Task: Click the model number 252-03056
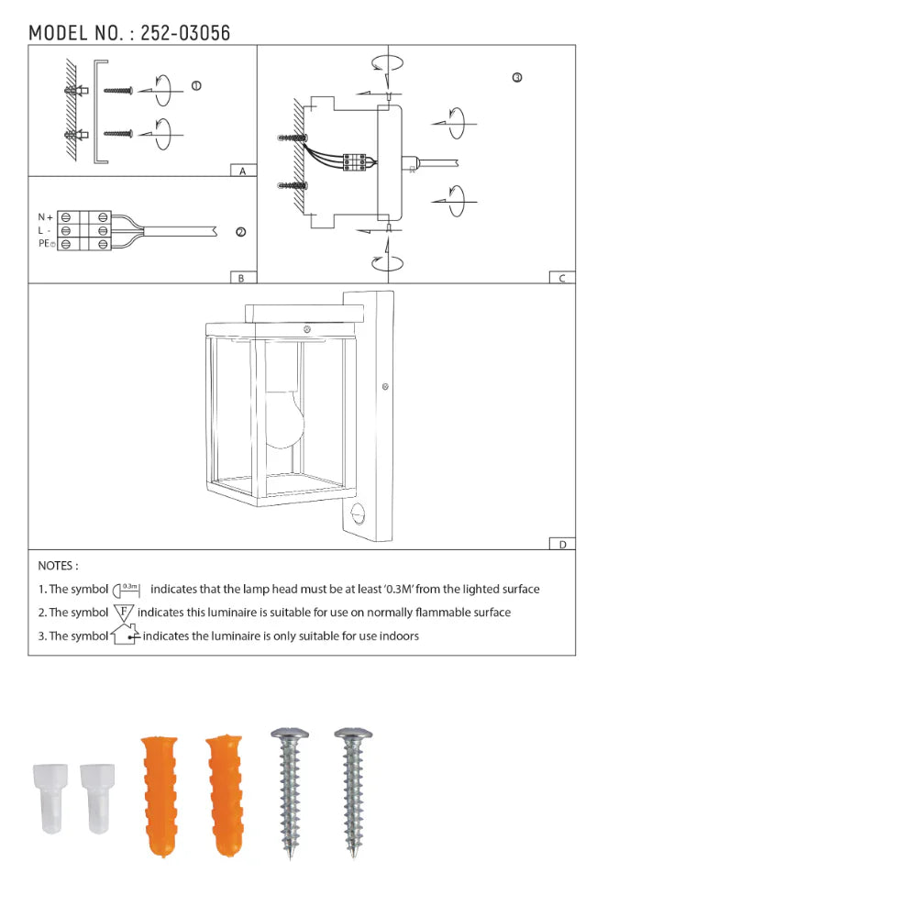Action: [185, 33]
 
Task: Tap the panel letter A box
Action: [242, 171]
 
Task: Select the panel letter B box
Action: [241, 278]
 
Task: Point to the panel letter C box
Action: [562, 278]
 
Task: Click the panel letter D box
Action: [562, 544]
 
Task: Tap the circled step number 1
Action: [196, 86]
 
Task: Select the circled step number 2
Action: [241, 232]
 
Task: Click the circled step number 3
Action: [517, 78]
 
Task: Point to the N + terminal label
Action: [45, 217]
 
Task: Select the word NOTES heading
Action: [58, 567]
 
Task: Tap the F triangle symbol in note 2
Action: [124, 612]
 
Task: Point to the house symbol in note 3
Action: [125, 635]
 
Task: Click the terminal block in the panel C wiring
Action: [356, 161]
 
